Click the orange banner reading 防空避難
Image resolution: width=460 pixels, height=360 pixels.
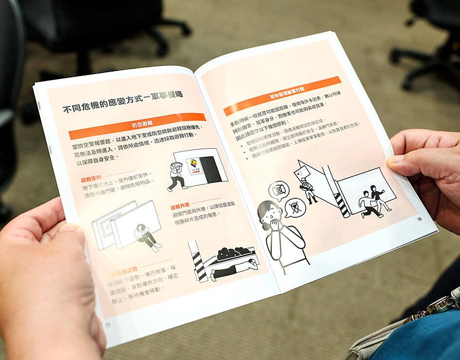pos(137,126)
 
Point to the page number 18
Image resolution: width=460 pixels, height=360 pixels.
pos(419,219)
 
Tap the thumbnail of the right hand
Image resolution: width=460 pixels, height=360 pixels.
pos(396,159)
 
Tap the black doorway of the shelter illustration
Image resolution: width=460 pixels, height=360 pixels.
pos(211,170)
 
